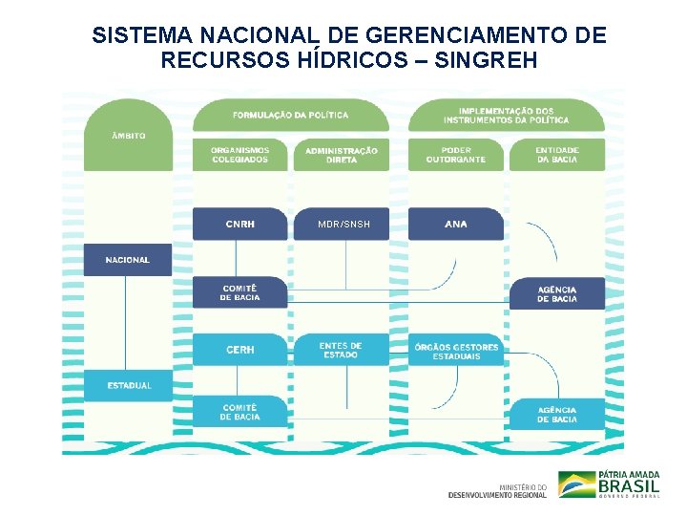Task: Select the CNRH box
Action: [239, 224]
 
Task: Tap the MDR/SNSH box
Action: [343, 224]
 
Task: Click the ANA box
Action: [456, 224]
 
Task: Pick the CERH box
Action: [239, 350]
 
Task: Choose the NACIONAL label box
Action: [128, 260]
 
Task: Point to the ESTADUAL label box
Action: [128, 385]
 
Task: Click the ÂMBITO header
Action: [128, 136]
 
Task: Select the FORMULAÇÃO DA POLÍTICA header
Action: [291, 115]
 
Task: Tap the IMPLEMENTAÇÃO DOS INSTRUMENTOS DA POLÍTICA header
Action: [506, 115]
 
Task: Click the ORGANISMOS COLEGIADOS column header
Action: [239, 155]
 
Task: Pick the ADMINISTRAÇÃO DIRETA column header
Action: [342, 155]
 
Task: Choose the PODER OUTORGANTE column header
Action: [456, 155]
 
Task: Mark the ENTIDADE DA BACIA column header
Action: [557, 155]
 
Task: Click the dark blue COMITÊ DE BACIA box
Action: [239, 292]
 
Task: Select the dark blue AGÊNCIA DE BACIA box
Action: [557, 293]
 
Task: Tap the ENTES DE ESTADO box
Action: [341, 350]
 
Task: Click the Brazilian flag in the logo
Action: [575, 484]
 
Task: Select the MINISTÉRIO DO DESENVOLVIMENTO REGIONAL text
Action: [498, 490]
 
